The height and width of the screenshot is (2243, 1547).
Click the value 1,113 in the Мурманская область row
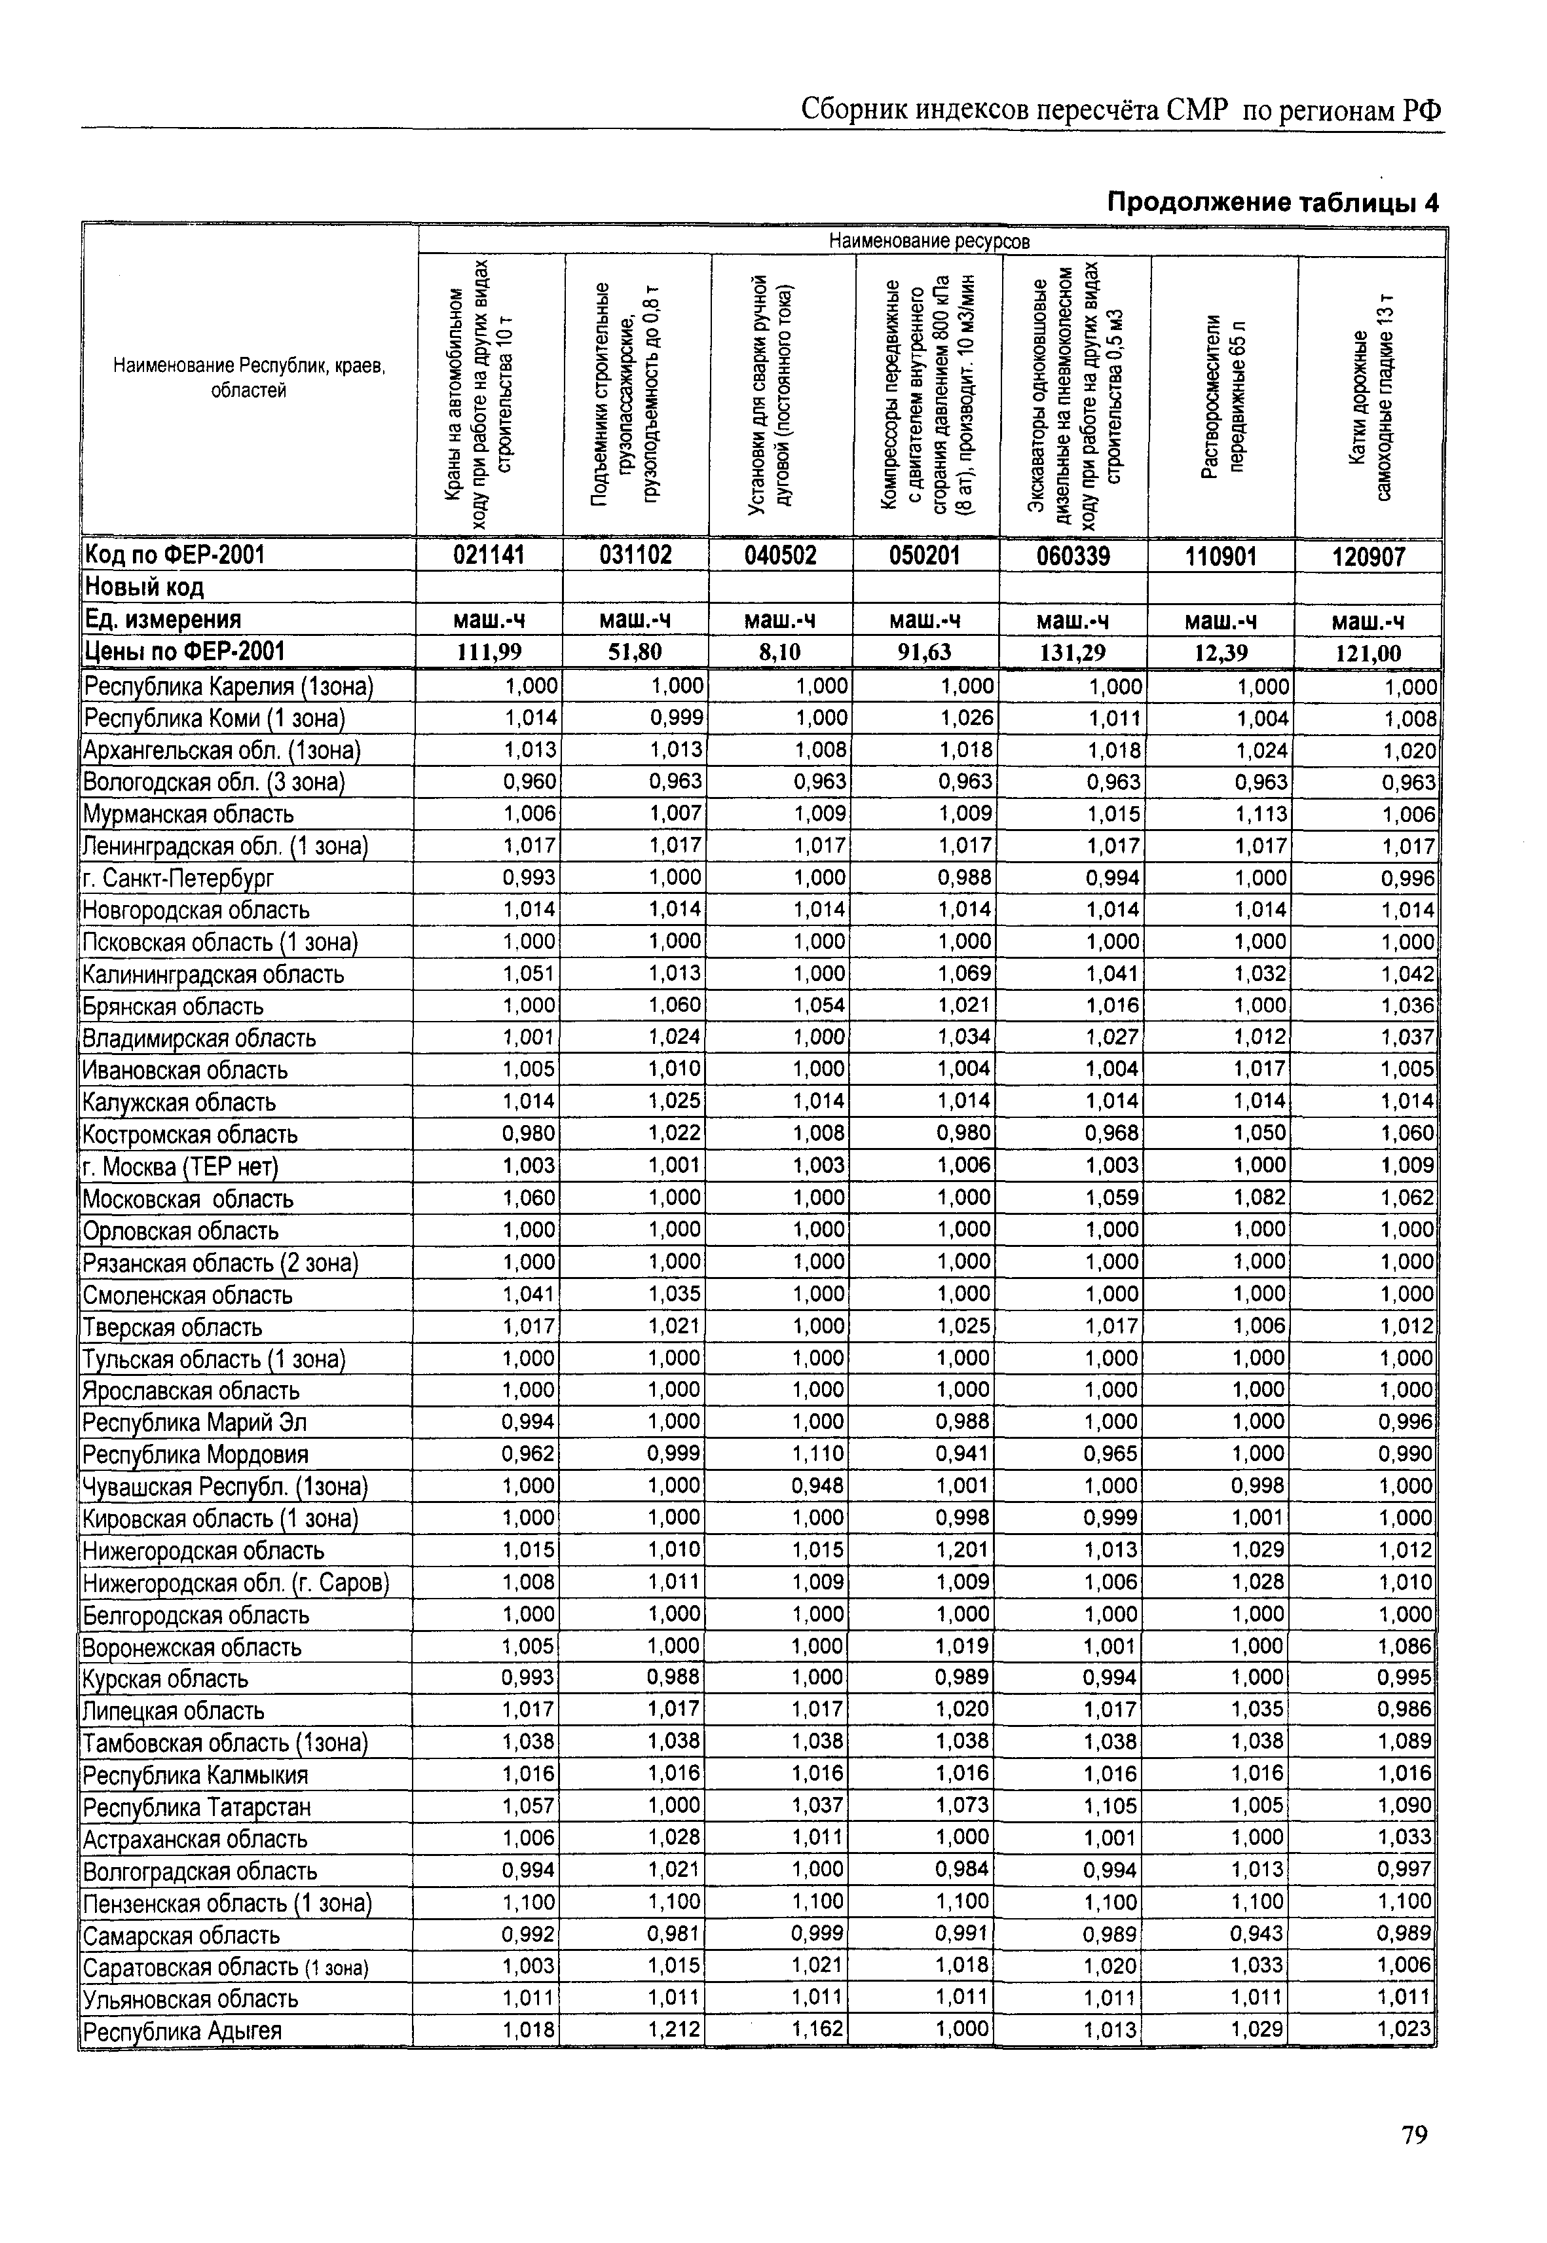pyautogui.click(x=1260, y=813)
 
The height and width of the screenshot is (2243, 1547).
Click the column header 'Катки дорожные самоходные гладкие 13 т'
pyautogui.click(x=1370, y=394)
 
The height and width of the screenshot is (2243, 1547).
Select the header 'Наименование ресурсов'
pyautogui.click(x=929, y=240)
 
